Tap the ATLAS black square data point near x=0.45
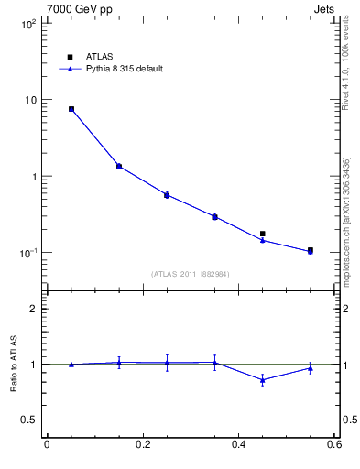click(x=263, y=234)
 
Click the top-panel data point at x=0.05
click(x=71, y=109)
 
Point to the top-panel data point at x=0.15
click(x=119, y=167)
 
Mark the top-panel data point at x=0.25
click(x=167, y=195)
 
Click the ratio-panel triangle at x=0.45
click(x=263, y=379)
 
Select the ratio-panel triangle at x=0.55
click(x=311, y=368)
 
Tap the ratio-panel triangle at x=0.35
click(x=214, y=363)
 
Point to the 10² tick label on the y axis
click(x=27, y=24)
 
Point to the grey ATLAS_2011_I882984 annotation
click(x=191, y=274)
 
